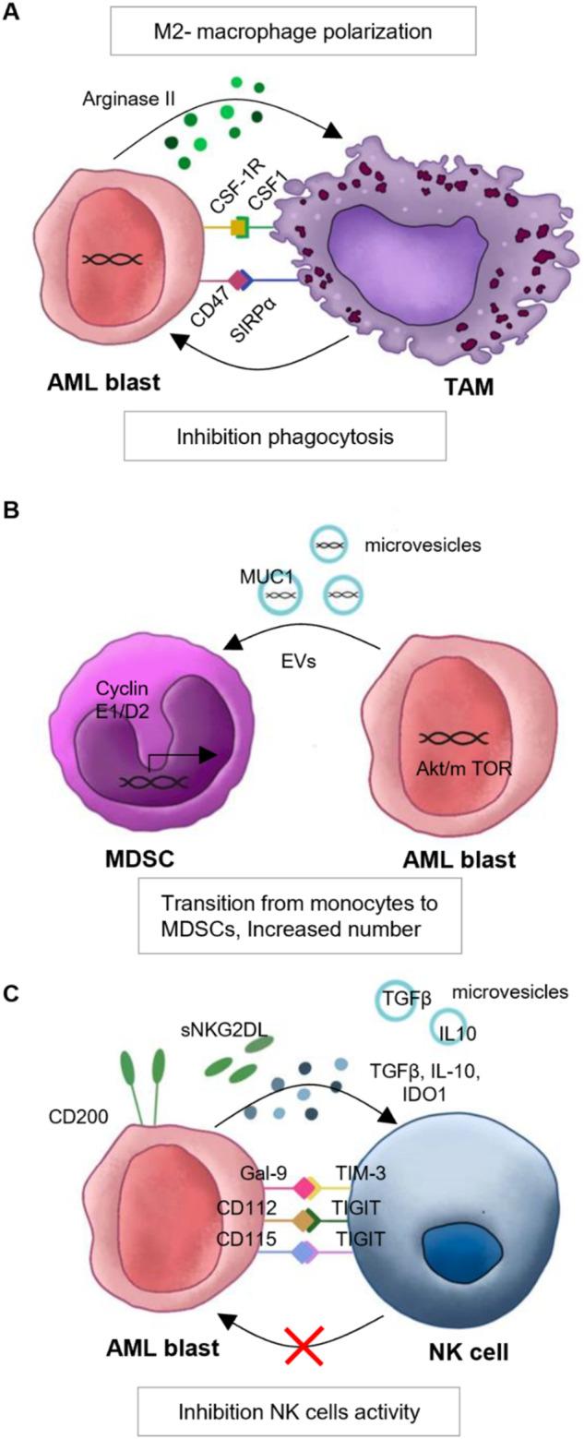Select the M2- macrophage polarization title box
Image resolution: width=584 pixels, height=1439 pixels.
(x=292, y=30)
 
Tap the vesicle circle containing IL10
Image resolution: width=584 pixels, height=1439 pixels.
(x=451, y=1043)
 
